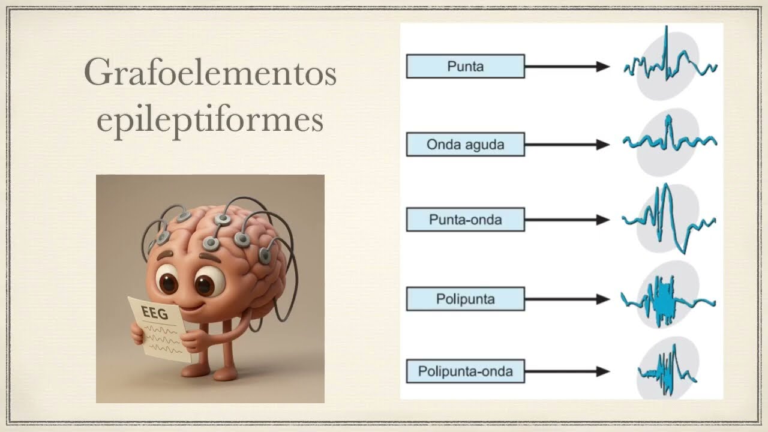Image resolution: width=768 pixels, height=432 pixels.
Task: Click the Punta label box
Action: (465, 67)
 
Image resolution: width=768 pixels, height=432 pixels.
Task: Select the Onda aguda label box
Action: (465, 145)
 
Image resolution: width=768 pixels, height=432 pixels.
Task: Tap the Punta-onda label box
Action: (465, 220)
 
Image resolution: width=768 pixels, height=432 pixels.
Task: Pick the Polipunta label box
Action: (465, 299)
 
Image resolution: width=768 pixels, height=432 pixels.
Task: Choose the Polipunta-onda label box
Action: (465, 371)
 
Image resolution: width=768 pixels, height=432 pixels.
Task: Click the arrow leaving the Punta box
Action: (567, 67)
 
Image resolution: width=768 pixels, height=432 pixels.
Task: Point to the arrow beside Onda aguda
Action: (567, 145)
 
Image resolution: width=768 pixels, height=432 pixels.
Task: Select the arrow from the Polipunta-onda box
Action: (567, 371)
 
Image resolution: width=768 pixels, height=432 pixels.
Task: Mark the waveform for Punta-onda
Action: (667, 220)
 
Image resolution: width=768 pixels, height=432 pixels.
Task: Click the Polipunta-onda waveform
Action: (666, 369)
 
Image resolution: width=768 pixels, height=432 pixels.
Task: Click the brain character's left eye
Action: (167, 281)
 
